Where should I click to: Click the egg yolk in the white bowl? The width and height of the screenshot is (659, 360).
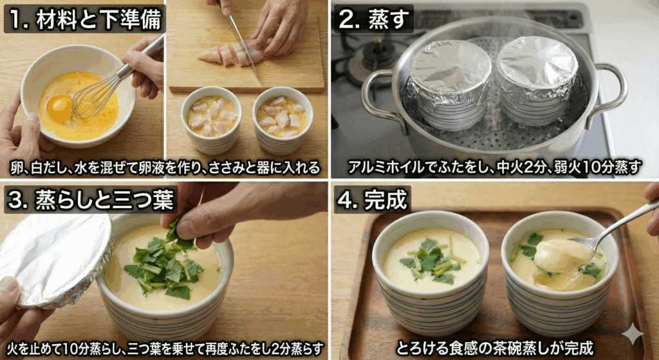(x=59, y=109)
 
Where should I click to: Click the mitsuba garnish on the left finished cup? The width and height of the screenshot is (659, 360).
(x=430, y=261)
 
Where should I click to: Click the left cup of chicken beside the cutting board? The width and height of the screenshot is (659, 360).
(x=211, y=118)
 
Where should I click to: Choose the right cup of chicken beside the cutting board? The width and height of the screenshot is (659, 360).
(x=282, y=118)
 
